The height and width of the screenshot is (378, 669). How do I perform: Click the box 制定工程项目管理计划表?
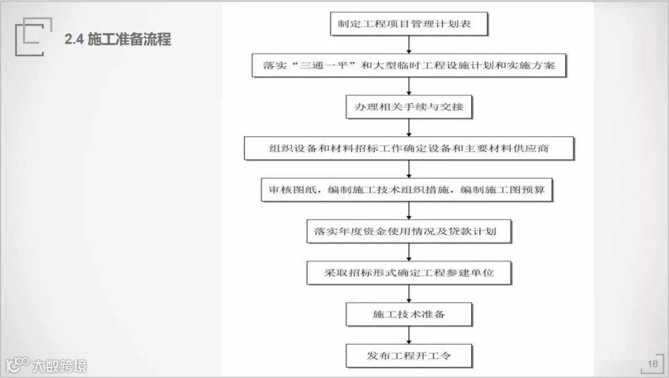click(409, 24)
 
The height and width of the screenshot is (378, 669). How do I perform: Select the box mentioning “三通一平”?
click(409, 65)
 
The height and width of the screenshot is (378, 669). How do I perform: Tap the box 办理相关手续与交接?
click(409, 106)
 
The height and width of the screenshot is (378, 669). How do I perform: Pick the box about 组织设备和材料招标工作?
click(409, 148)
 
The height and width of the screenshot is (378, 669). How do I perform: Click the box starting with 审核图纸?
click(406, 190)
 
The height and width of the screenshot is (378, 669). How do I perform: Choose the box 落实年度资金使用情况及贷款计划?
click(409, 231)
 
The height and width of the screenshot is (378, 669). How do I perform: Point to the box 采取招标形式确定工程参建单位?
click(409, 272)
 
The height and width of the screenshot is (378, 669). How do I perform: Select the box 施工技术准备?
click(409, 314)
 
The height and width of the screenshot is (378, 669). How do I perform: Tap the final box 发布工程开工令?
click(409, 356)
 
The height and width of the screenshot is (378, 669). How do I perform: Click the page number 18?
click(652, 364)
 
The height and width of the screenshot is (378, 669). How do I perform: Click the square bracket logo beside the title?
click(29, 37)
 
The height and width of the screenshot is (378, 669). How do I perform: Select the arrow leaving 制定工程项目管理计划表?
click(409, 45)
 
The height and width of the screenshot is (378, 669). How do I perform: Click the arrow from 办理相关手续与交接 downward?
click(409, 127)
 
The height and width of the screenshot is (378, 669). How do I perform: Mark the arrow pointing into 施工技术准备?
click(409, 293)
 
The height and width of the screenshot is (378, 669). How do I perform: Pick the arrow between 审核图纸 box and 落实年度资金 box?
click(409, 210)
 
